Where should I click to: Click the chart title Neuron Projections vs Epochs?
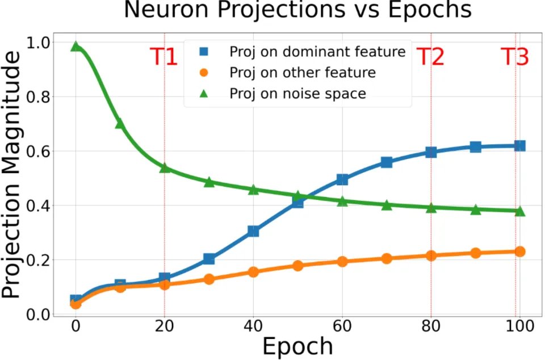point(297,11)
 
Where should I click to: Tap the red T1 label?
point(164,57)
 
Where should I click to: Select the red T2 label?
point(430,57)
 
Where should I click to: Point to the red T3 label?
point(515,57)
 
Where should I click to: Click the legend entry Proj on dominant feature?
point(317,52)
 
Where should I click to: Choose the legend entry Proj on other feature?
point(302,73)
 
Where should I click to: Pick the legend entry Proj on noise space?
point(297,94)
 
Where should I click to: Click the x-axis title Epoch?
point(297,346)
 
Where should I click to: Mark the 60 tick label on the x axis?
point(342,327)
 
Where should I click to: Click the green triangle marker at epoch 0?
point(76,47)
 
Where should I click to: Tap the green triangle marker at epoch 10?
point(120,123)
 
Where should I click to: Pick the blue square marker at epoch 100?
point(519,146)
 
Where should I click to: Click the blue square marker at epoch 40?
point(253,231)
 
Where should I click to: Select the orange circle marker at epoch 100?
point(519,252)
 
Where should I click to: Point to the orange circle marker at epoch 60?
point(342,261)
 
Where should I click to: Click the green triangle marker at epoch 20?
point(165,168)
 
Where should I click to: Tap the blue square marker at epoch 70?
point(387,162)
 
